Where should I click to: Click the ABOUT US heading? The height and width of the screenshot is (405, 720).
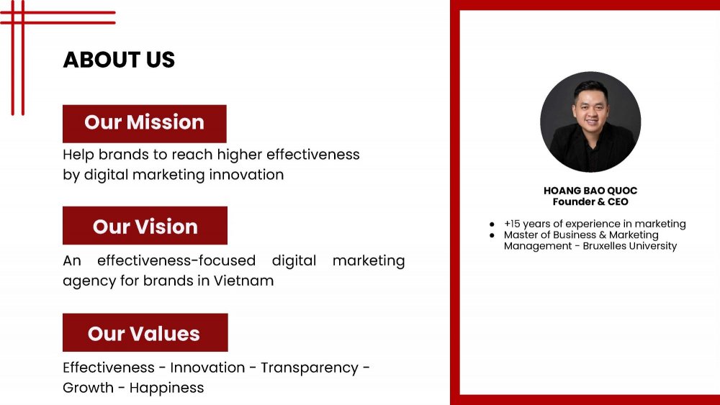click(119, 60)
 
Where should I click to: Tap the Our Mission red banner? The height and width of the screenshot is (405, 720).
click(145, 124)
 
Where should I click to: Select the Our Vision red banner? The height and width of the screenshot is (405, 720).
click(145, 226)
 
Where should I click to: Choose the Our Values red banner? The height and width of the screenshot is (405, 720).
click(145, 332)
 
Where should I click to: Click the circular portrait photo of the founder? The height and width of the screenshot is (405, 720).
click(590, 122)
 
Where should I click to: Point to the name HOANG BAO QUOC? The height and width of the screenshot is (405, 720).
click(590, 191)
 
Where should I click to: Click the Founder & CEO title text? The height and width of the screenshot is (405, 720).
click(590, 202)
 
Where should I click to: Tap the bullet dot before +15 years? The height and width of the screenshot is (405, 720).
click(492, 224)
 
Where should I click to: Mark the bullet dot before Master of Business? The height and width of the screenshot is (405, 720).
click(492, 235)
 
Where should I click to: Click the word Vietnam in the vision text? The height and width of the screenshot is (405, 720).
click(244, 281)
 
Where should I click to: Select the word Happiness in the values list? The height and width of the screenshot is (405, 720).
click(167, 388)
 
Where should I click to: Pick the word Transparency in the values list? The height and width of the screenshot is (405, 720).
click(310, 368)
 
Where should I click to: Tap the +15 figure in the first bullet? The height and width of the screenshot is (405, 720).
click(512, 224)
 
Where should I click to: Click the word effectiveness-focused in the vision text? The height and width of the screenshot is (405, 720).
click(176, 260)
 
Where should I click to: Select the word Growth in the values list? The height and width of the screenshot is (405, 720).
click(88, 388)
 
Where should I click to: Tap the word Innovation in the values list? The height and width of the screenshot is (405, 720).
click(207, 368)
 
